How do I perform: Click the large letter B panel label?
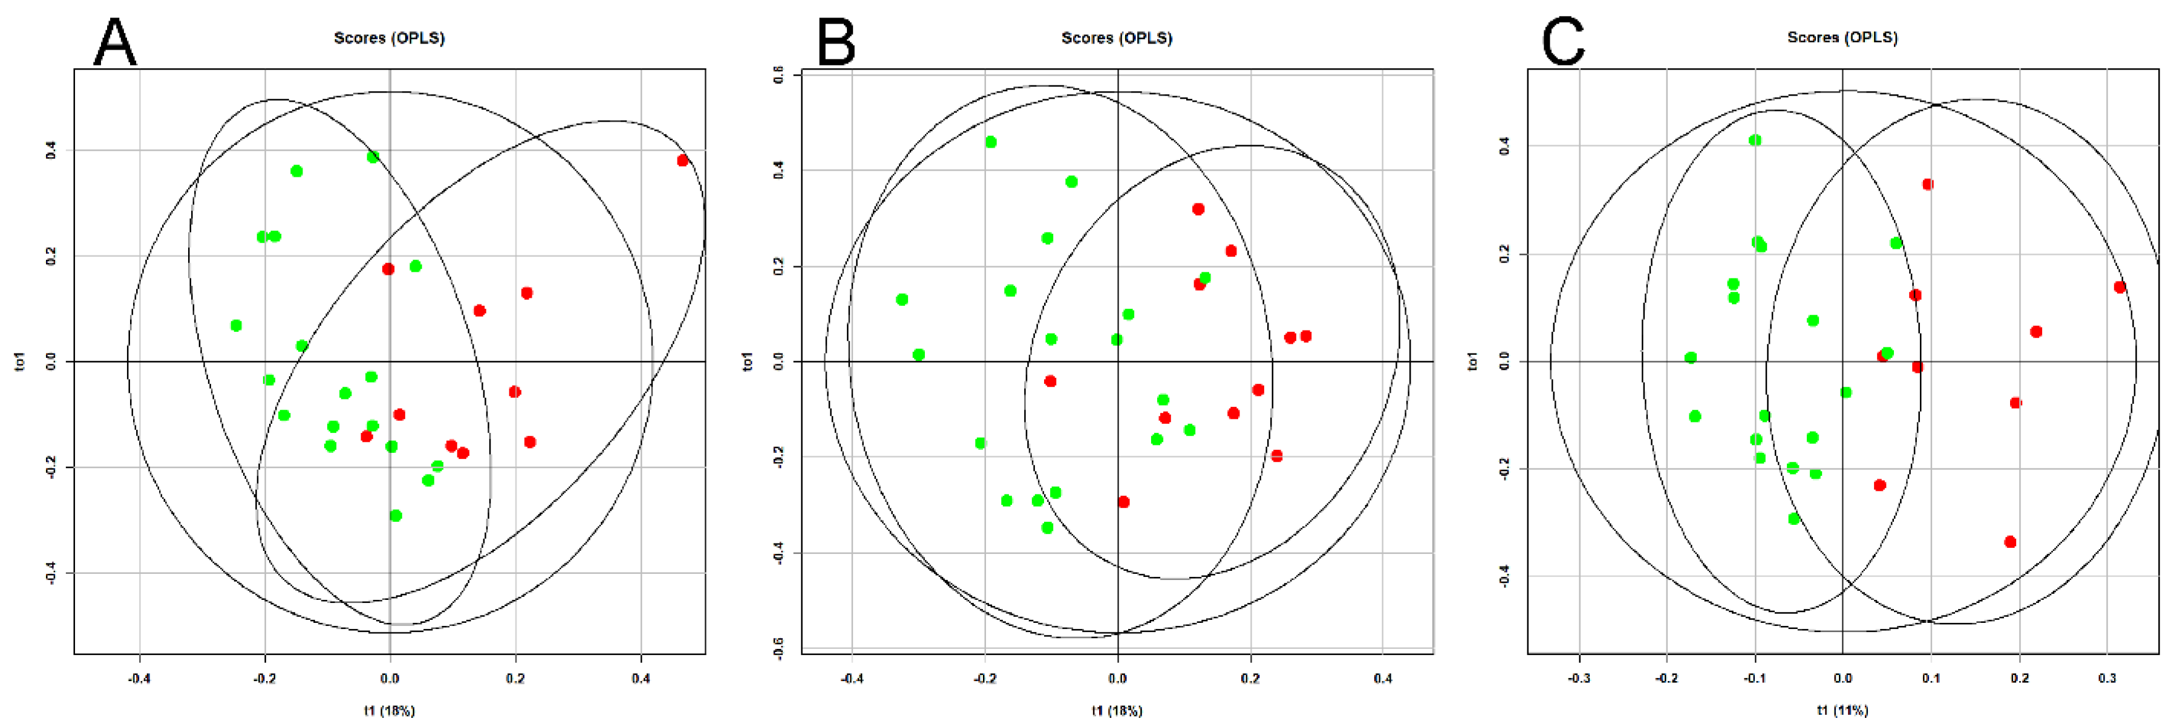[x=835, y=42]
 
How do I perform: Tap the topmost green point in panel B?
[x=990, y=142]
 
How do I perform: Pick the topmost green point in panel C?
[x=1755, y=140]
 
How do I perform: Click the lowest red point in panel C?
[x=2009, y=541]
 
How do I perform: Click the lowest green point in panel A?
[x=396, y=515]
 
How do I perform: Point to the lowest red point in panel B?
[x=1123, y=502]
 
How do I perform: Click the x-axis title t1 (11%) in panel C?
[x=1843, y=710]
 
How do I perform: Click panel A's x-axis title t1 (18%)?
[x=389, y=710]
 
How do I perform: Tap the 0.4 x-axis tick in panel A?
[x=641, y=678]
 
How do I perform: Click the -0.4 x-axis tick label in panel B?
[x=852, y=678]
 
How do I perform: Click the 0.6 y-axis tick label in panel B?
[x=778, y=74]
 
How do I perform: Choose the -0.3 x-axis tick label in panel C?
[x=1578, y=678]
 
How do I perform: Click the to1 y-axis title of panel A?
[x=20, y=361]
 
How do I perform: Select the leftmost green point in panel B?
[x=901, y=299]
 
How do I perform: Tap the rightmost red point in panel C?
[x=2119, y=287]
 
